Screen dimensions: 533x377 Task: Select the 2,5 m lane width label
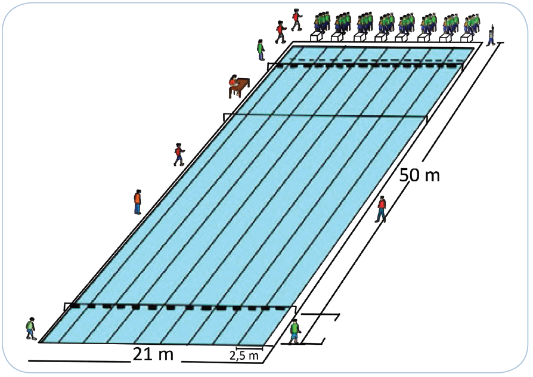point(245,356)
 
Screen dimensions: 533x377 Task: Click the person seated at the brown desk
point(233,84)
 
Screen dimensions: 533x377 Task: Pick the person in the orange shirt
point(138,202)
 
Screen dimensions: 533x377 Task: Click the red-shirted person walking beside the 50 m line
point(381,209)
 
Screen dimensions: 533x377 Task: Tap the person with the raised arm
point(491,36)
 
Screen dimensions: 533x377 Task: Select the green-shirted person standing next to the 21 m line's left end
point(31,329)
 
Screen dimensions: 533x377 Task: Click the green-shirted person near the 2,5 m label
point(294,331)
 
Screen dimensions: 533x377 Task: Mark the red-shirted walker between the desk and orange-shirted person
point(178,154)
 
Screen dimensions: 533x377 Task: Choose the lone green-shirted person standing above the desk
point(261,49)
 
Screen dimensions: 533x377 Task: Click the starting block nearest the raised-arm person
point(466,36)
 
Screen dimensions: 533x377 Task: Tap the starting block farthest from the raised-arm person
point(317,36)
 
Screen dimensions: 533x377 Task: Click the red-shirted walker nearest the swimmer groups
point(296,19)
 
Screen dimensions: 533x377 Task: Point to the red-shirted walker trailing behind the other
point(280,32)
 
